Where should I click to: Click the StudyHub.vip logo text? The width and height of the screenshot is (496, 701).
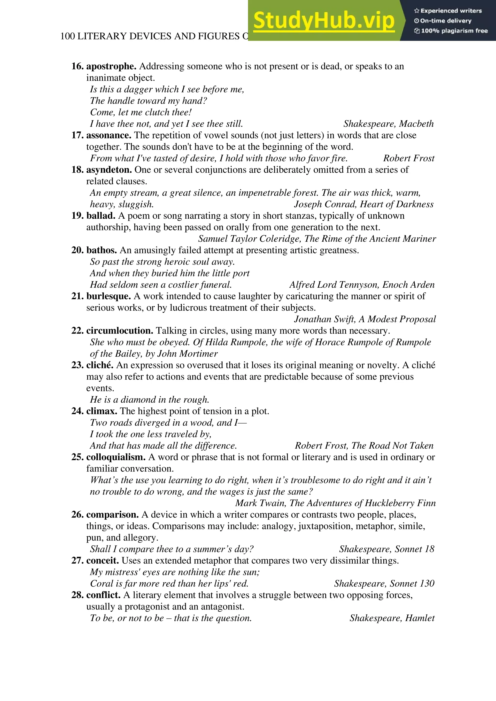324,21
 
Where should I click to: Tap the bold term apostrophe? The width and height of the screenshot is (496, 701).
111,66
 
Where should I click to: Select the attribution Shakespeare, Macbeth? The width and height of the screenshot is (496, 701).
388,124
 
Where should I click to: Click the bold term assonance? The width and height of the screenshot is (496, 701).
109,135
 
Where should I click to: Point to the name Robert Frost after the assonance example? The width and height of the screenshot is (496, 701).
409,158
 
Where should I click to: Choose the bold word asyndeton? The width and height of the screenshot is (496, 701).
109,170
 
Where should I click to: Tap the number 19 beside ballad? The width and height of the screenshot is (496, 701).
77,216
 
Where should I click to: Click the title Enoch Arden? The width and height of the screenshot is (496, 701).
408,285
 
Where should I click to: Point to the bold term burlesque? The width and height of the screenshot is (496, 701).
108,296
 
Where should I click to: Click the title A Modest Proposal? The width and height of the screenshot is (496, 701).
397,319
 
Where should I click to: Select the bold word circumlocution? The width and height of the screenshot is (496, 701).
120,331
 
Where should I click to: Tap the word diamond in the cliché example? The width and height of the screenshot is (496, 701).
137,400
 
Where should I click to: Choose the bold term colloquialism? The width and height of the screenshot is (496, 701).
116,457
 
